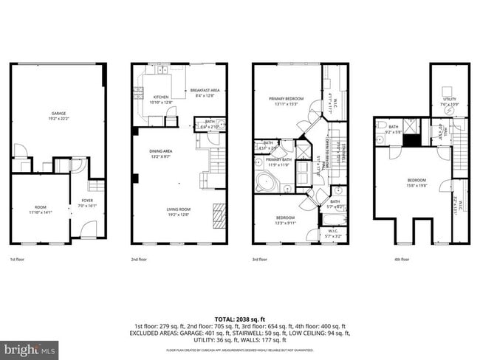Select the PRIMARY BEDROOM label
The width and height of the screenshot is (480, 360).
pos(284,100)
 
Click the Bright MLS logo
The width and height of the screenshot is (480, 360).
pos(30,347)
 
